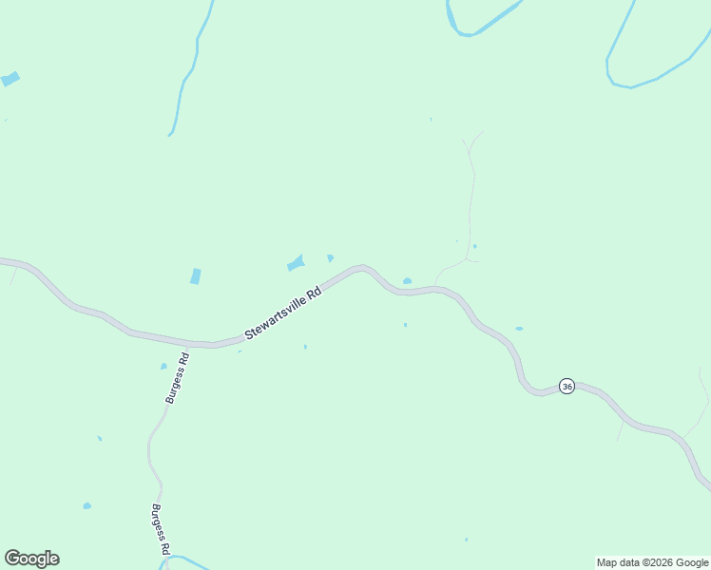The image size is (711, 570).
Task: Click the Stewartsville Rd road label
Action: pyautogui.click(x=283, y=313)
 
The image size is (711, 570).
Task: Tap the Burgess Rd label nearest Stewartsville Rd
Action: pyautogui.click(x=178, y=378)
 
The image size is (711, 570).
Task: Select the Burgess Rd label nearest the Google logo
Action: pyautogui.click(x=160, y=529)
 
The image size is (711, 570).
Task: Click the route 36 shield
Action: pyautogui.click(x=567, y=386)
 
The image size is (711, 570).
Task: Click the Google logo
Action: pyautogui.click(x=31, y=559)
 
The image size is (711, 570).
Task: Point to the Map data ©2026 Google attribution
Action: pyautogui.click(x=653, y=562)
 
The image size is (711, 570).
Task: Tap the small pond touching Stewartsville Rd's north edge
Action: pyautogui.click(x=407, y=281)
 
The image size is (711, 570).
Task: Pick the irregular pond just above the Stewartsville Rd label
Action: pyautogui.click(x=297, y=262)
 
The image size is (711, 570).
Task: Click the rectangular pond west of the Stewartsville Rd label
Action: pyautogui.click(x=196, y=276)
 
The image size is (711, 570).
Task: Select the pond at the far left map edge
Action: pyautogui.click(x=10, y=79)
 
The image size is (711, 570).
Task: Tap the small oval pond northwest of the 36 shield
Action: pyautogui.click(x=519, y=329)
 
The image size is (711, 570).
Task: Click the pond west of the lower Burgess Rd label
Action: pyautogui.click(x=86, y=505)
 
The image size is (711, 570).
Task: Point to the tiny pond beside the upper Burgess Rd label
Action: pyautogui.click(x=163, y=366)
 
